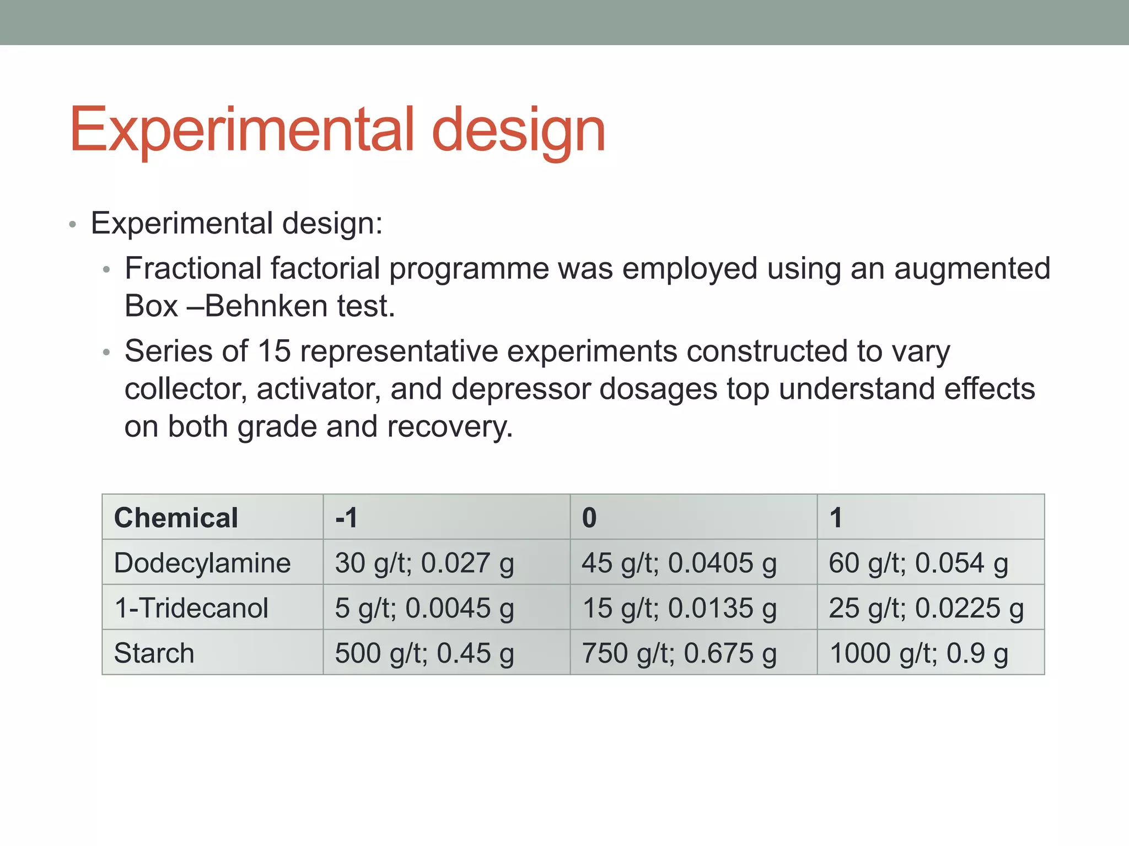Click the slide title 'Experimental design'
click(x=337, y=131)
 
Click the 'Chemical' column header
click(x=176, y=518)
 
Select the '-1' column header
click(x=346, y=518)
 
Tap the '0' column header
click(x=589, y=518)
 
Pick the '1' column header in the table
click(x=836, y=518)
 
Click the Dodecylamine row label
click(x=202, y=563)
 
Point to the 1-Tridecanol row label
click(x=191, y=608)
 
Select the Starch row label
click(x=154, y=653)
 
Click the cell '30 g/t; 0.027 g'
click(x=424, y=563)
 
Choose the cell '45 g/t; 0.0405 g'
click(x=679, y=563)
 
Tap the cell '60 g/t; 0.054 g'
click(x=918, y=563)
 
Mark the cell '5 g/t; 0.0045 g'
click(x=424, y=608)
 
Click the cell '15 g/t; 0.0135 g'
click(x=679, y=608)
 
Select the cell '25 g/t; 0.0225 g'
click(x=926, y=608)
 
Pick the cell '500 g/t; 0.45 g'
click(x=424, y=653)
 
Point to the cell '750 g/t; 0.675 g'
click(x=679, y=653)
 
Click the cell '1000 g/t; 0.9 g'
click(x=918, y=653)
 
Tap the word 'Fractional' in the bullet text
click(x=193, y=269)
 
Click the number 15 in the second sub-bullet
click(x=274, y=351)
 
